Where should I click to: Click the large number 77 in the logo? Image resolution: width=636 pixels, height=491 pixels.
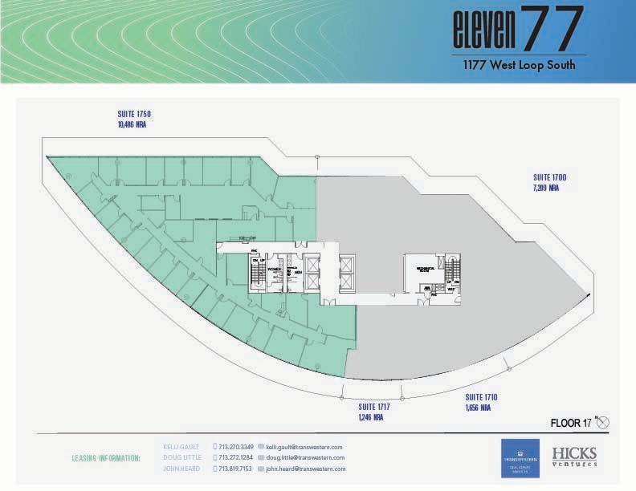[x=552, y=29]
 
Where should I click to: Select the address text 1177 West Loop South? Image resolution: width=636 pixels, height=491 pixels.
[x=518, y=66]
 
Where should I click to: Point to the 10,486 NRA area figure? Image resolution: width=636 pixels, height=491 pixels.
[x=132, y=125]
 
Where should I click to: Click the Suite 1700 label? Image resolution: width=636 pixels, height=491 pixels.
[x=549, y=177]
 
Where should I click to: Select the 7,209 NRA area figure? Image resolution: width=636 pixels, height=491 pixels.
[x=546, y=188]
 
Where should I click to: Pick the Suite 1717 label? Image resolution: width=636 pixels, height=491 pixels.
[x=374, y=408]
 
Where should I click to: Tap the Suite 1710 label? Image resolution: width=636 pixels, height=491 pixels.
[x=481, y=397]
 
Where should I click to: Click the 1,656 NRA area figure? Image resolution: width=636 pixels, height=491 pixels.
[x=478, y=408]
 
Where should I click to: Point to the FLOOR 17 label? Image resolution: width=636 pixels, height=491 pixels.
[x=571, y=422]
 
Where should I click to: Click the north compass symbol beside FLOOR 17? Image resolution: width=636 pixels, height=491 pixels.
[x=604, y=422]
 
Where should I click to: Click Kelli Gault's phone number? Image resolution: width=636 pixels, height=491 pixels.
[x=236, y=447]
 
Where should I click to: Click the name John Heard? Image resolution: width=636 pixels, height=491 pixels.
[x=181, y=469]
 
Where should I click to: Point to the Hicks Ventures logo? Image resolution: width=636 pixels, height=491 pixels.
[x=573, y=456]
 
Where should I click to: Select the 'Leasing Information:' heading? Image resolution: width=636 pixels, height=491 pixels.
[x=105, y=458]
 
